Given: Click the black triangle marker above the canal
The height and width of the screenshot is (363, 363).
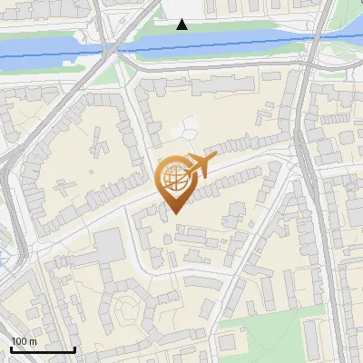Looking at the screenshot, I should pos(182,25).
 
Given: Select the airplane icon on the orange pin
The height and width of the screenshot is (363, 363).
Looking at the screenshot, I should pos(200,167).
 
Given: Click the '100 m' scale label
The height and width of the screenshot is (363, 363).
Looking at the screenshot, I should pos(24,341).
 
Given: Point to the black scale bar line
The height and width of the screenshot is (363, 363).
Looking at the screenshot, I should pos(42,349).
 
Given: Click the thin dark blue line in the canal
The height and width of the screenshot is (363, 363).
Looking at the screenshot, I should pos(227,40).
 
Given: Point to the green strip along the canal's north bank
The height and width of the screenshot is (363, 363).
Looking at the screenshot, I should pos(227,26).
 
